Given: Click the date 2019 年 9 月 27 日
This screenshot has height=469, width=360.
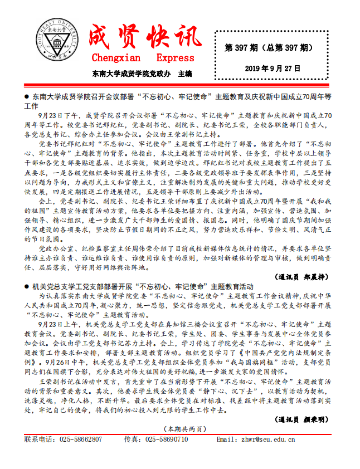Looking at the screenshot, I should (x=273, y=69).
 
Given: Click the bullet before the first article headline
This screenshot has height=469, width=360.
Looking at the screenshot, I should (x=27, y=96).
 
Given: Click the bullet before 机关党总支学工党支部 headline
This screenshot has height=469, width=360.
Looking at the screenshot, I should (x=27, y=286).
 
